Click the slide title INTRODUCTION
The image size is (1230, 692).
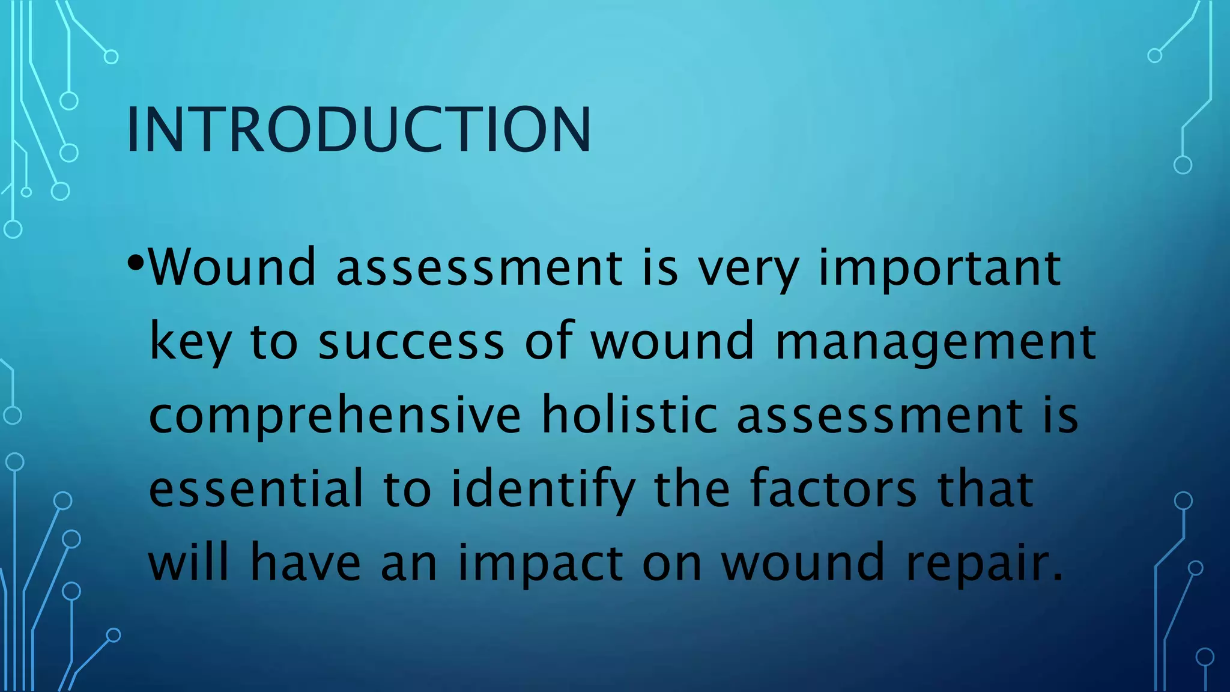point(359,130)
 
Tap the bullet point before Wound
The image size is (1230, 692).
point(136,263)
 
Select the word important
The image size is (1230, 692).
point(940,269)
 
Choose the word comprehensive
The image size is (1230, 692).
point(335,416)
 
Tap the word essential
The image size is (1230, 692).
point(256,488)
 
